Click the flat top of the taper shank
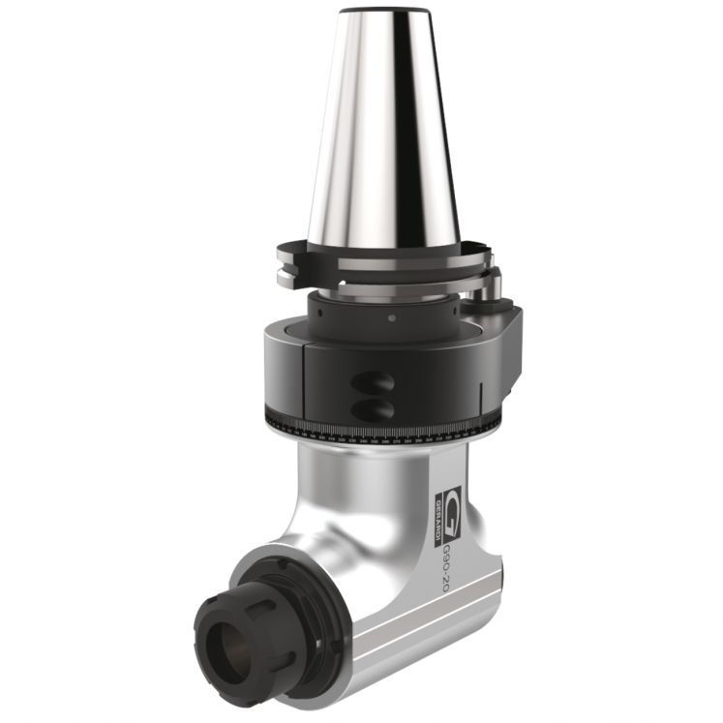tap(382, 14)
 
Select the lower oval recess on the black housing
tap(374, 409)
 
